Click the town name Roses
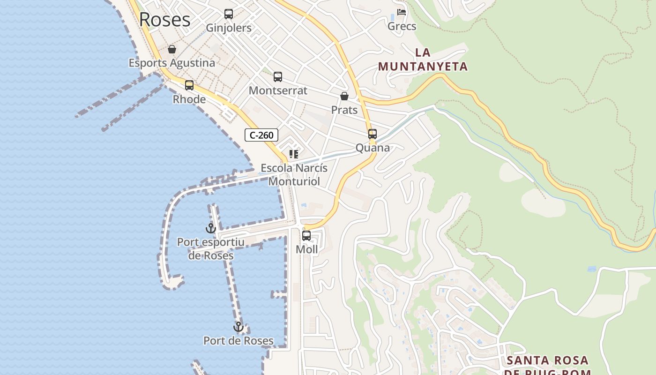(165, 20)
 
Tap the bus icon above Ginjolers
(229, 14)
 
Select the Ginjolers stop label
(229, 28)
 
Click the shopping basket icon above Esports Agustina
(172, 49)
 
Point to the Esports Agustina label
(172, 63)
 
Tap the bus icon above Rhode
(189, 85)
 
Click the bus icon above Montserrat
(278, 77)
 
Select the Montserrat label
(278, 90)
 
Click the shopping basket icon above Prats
(344, 96)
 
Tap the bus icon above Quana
(373, 134)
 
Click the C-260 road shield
(261, 135)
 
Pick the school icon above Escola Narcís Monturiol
(294, 154)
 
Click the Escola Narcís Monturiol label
(294, 174)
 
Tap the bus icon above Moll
(306, 236)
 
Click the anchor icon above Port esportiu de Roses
(211, 228)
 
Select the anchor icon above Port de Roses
(239, 327)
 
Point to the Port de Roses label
(239, 341)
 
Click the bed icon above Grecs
(402, 12)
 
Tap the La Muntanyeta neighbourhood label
(423, 60)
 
